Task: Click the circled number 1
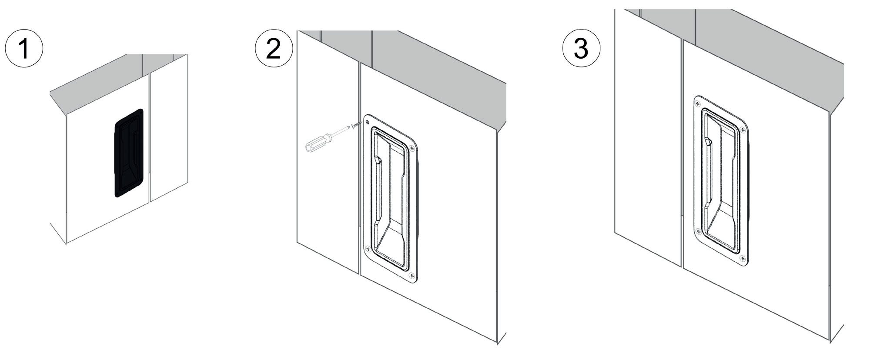click(24, 48)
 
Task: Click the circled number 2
click(274, 49)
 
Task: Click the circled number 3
click(581, 49)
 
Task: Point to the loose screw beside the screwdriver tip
click(356, 125)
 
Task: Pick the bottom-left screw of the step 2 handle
click(368, 249)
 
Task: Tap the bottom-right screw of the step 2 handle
click(411, 275)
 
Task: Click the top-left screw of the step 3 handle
click(697, 103)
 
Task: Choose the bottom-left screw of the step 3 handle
click(698, 231)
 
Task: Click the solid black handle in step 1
click(129, 153)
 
